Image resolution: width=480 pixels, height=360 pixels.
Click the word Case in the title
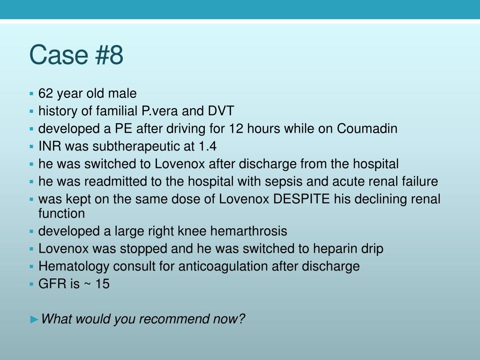59,55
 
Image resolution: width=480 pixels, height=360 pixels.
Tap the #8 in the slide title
109,55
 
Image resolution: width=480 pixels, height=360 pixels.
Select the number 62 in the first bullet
45,93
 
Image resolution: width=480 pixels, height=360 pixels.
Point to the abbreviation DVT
221,111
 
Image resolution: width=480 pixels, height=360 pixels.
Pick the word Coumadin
367,128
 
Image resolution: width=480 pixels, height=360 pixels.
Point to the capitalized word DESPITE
301,199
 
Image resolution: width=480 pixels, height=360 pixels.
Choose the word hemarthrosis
248,231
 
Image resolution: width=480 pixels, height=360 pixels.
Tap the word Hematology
74,267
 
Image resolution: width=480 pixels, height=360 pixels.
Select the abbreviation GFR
51,284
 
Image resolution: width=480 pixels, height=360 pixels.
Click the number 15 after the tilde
102,284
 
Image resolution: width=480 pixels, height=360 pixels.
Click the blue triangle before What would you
34,320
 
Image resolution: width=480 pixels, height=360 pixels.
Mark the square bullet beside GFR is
31,284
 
